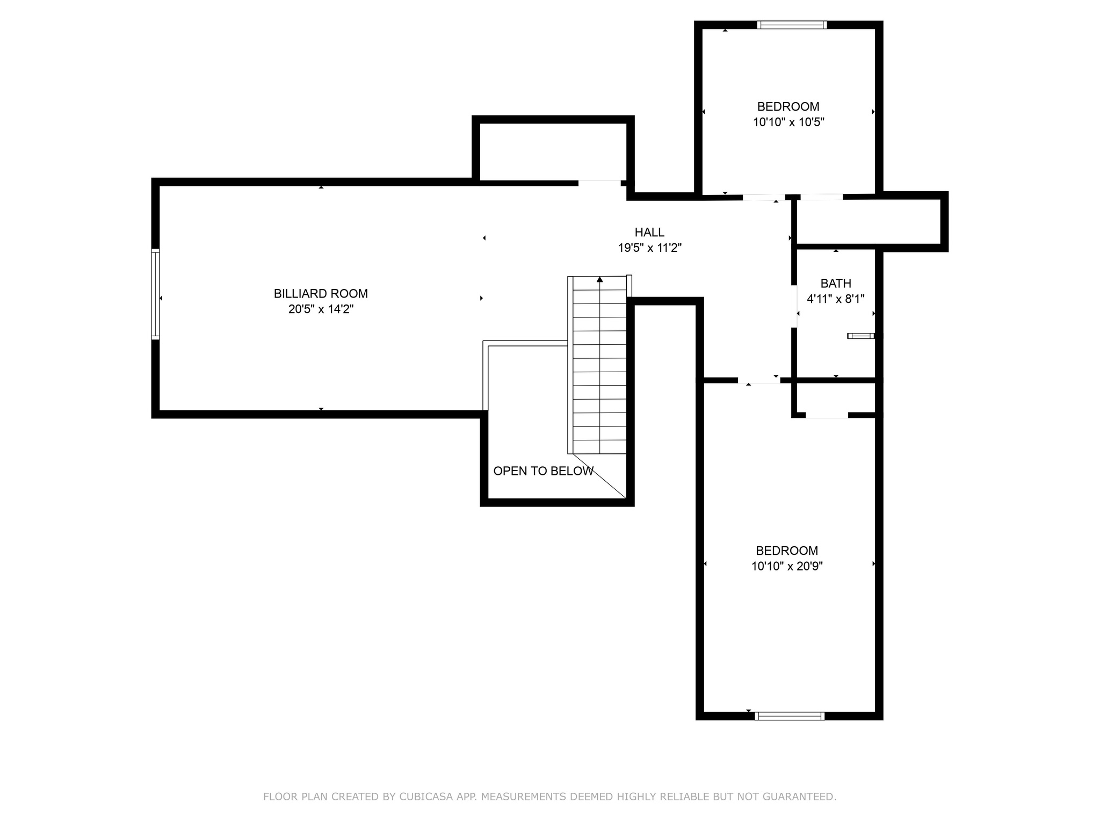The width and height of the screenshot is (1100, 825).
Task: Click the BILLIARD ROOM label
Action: [321, 294]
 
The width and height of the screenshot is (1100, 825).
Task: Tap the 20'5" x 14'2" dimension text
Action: [321, 309]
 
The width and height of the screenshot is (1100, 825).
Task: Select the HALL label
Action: [649, 233]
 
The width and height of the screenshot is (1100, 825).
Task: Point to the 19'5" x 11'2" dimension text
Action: [649, 248]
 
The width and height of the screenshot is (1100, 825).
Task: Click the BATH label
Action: [836, 284]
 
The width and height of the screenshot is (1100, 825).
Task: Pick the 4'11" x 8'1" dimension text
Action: [836, 299]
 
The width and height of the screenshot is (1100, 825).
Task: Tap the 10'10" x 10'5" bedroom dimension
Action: [788, 122]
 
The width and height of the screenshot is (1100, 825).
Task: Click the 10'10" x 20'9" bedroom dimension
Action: [787, 566]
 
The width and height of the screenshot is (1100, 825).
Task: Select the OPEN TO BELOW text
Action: [543, 471]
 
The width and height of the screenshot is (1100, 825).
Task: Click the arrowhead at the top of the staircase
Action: [599, 279]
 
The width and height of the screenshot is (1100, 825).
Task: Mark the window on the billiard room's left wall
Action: [155, 294]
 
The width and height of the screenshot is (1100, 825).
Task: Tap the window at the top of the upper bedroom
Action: [792, 25]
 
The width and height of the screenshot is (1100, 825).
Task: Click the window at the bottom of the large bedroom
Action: [789, 715]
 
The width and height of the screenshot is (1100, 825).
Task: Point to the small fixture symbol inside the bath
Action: [860, 336]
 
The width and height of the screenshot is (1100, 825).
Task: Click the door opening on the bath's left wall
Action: [794, 306]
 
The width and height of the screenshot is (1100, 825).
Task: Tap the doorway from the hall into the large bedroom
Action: [758, 380]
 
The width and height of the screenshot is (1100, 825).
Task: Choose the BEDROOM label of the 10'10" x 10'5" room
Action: [788, 107]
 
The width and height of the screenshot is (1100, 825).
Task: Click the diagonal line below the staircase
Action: [599, 476]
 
